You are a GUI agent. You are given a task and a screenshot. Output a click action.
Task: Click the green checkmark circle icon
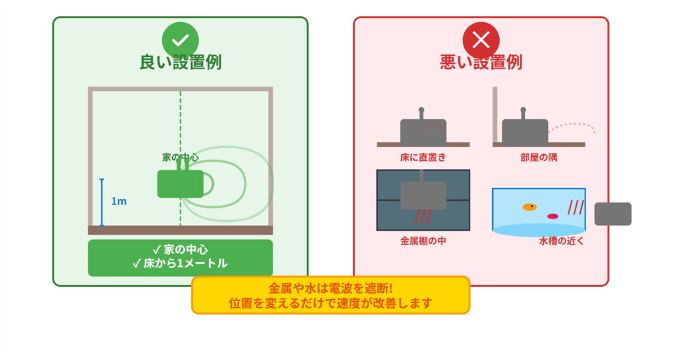(180, 40)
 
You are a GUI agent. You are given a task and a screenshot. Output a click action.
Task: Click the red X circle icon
(481, 40)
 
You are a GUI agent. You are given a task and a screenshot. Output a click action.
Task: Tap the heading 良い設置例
(180, 63)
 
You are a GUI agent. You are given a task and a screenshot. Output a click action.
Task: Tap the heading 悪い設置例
(481, 63)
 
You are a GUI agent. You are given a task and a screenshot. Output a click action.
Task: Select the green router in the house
(180, 184)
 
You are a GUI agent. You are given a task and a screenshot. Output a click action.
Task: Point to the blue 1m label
(119, 201)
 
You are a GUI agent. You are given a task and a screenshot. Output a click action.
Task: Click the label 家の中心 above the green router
(180, 158)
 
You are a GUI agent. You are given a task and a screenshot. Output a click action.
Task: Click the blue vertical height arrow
(102, 202)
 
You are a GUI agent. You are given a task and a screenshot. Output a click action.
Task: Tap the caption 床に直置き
(423, 158)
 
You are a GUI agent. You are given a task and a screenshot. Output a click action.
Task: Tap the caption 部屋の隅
(539, 158)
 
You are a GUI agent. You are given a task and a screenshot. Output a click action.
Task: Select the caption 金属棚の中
(423, 240)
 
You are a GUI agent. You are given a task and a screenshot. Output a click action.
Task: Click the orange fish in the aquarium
(529, 206)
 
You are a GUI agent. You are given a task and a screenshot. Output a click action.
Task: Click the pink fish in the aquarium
(553, 216)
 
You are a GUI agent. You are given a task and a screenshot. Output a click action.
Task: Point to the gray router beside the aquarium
(613, 214)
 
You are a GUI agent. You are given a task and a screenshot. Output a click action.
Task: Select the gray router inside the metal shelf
(423, 194)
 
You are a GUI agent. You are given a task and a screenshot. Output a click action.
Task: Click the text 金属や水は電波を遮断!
(330, 288)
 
